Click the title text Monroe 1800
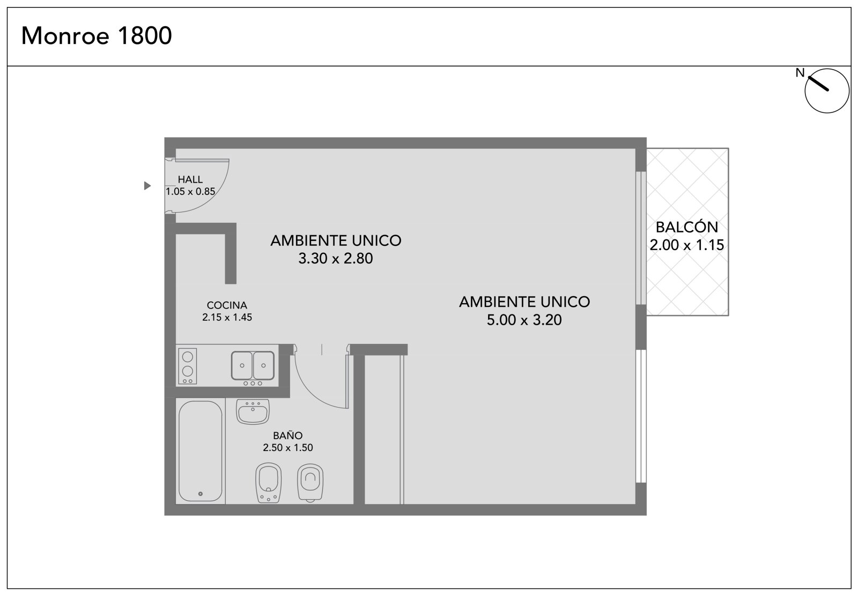[97, 35]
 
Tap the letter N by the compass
[800, 73]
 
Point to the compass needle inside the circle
[818, 84]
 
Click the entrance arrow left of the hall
[147, 186]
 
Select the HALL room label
[190, 179]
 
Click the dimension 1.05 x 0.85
[190, 191]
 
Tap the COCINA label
[227, 305]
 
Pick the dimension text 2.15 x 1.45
[227, 317]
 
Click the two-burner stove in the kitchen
[187, 366]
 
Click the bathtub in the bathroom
[201, 452]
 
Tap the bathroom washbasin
[253, 411]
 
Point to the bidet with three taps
[269, 483]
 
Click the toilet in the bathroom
[310, 483]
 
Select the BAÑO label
[287, 435]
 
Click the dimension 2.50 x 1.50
[287, 447]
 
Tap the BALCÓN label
[687, 227]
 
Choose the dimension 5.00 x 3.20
[524, 320]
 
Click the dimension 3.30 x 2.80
[336, 259]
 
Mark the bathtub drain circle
[201, 494]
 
